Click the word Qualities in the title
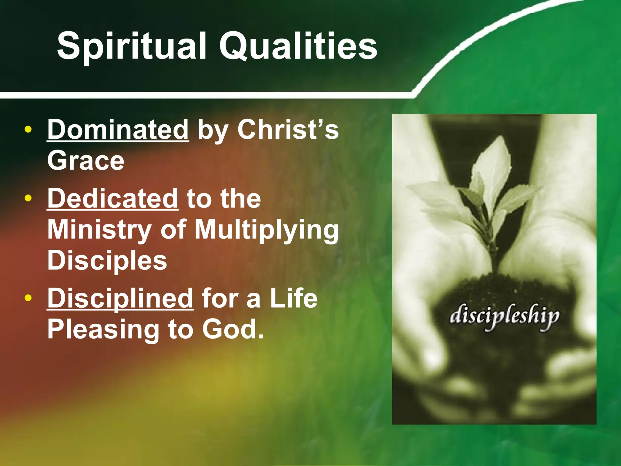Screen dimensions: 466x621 tap(298, 46)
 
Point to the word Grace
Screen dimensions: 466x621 tap(86, 160)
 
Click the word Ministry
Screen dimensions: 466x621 tap(99, 229)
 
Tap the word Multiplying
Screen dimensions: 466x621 tap(267, 230)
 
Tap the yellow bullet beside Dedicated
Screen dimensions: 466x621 tap(28, 198)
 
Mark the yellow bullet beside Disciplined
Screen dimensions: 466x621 tap(28, 298)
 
